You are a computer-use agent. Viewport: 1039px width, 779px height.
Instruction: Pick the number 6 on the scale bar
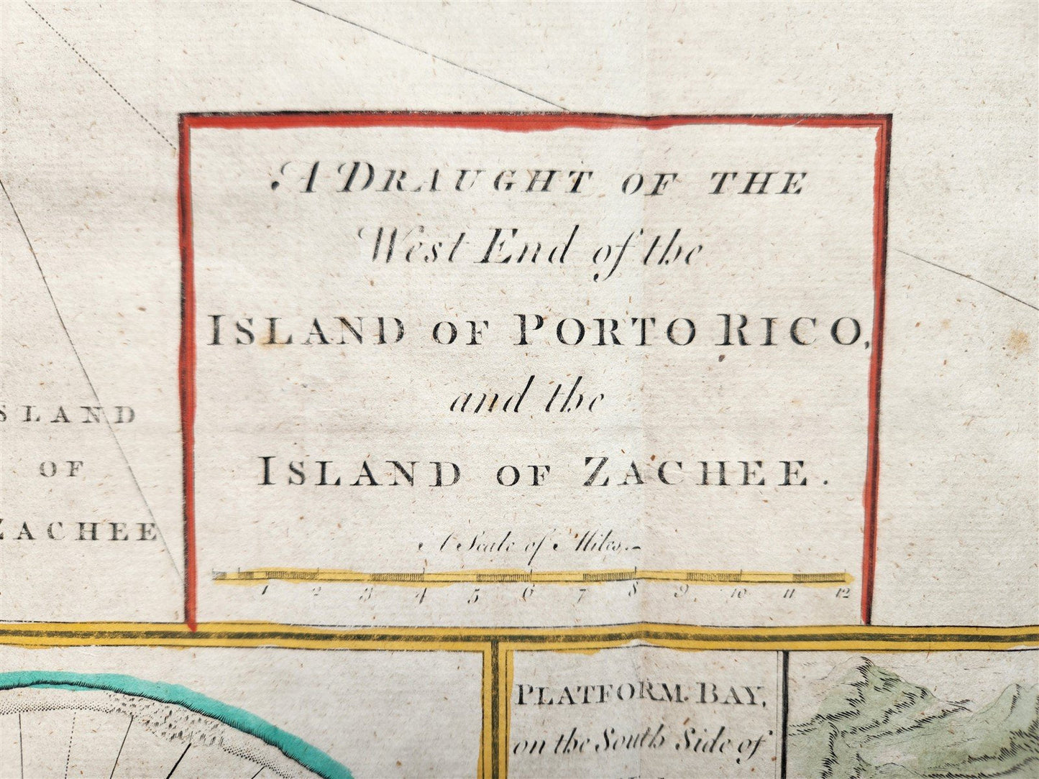pyautogui.click(x=528, y=593)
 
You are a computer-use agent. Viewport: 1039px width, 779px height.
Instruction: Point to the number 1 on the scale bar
pyautogui.click(x=265, y=592)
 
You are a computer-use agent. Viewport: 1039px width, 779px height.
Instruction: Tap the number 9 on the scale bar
pyautogui.click(x=685, y=593)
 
